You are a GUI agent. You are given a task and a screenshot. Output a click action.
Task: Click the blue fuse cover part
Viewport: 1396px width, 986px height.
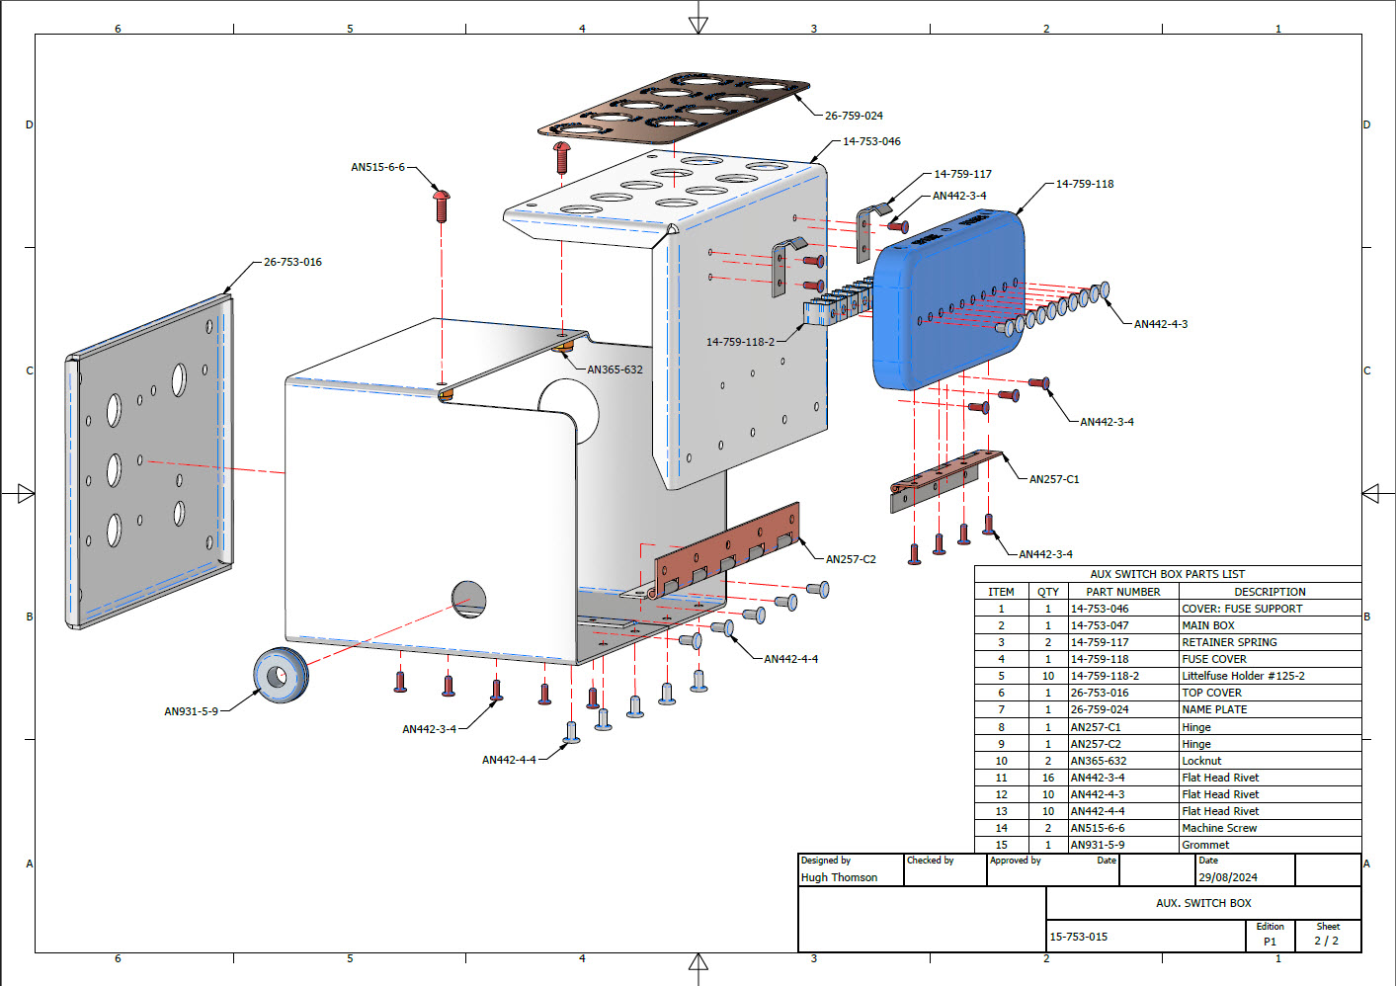click(948, 296)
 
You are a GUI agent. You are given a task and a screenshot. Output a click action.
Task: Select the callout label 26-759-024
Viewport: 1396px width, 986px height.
click(854, 116)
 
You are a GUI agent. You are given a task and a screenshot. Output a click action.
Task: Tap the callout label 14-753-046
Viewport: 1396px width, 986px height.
click(871, 141)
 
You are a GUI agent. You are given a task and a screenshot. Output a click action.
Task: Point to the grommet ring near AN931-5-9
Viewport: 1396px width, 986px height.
click(281, 676)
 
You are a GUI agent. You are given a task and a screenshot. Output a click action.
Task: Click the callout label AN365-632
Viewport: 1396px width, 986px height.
click(615, 370)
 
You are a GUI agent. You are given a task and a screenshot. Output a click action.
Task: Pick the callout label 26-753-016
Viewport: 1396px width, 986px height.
click(292, 262)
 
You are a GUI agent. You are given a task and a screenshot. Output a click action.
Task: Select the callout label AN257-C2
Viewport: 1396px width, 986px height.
click(851, 559)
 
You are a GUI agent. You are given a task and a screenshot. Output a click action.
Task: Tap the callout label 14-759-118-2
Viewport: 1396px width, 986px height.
click(740, 342)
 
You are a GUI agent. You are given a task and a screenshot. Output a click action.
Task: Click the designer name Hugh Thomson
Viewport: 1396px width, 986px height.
click(839, 877)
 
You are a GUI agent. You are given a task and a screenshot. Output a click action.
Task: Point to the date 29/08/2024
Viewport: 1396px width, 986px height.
click(1227, 877)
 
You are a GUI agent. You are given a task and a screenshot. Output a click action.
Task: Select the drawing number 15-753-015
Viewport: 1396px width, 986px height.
click(1078, 937)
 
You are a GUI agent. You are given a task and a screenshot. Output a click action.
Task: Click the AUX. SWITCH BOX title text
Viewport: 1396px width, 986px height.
click(1203, 903)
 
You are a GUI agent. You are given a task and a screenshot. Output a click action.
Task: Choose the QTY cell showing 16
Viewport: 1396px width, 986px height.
click(1048, 778)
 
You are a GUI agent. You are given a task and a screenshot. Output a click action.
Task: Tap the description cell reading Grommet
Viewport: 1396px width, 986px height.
click(1205, 845)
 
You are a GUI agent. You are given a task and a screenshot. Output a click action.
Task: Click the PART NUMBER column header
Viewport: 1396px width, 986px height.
click(1123, 592)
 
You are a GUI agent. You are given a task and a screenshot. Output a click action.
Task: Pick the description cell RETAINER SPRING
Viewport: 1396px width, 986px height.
click(1229, 642)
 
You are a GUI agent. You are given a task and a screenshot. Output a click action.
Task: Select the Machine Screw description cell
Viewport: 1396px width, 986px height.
click(1219, 828)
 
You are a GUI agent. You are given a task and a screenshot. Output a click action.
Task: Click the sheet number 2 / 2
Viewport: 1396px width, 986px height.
click(1326, 941)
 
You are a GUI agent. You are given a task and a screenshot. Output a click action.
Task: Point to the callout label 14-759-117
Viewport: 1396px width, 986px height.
click(962, 174)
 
